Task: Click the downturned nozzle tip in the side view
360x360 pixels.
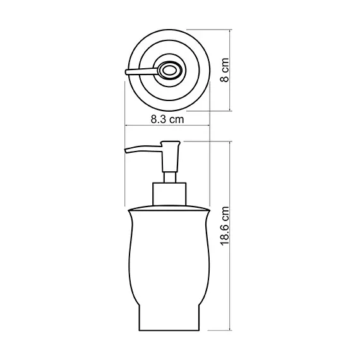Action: [128, 151]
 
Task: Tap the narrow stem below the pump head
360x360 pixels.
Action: [169, 176]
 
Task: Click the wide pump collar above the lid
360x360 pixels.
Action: [169, 193]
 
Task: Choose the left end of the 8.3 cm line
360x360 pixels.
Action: [125, 127]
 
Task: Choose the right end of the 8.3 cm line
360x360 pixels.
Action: [210, 127]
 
